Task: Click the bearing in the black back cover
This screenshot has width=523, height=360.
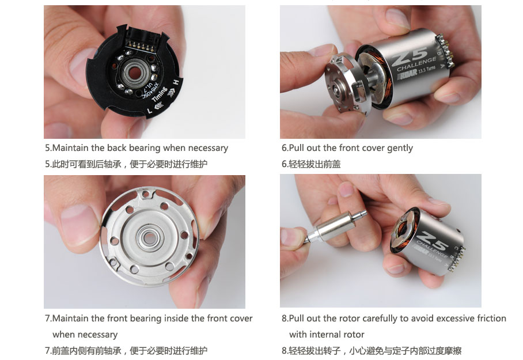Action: [134, 73]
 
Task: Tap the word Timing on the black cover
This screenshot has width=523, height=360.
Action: [160, 94]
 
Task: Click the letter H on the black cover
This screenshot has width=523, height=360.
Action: [176, 82]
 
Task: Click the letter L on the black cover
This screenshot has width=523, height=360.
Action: [150, 110]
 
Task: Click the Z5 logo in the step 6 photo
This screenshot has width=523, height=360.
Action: [410, 56]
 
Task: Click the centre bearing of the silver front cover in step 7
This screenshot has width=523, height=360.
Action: [149, 237]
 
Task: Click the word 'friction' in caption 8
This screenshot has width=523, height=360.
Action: [491, 319]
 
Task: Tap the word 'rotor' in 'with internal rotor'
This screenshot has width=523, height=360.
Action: [353, 334]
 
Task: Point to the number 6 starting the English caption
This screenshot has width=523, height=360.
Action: [284, 148]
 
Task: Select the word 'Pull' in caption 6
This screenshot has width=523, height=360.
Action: [296, 148]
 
